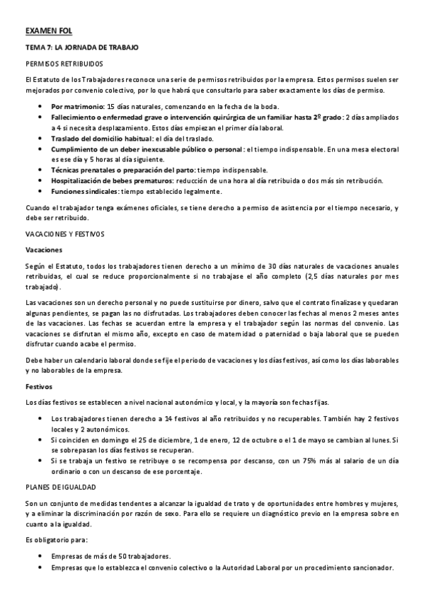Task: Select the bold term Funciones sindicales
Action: (x=84, y=191)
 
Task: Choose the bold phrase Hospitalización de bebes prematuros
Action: (x=113, y=180)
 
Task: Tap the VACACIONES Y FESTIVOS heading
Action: (x=64, y=232)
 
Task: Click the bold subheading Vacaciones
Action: (x=44, y=250)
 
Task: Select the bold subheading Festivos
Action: (x=39, y=386)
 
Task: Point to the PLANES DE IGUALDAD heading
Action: (x=59, y=486)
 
